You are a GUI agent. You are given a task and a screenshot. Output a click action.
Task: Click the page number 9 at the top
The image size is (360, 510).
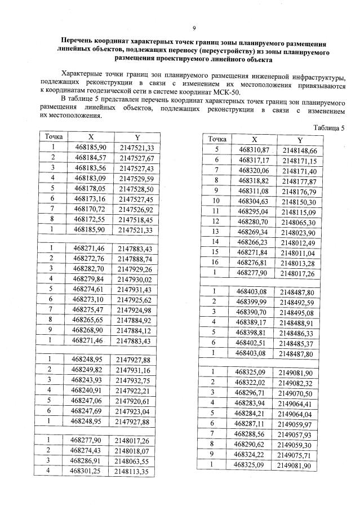[194, 28]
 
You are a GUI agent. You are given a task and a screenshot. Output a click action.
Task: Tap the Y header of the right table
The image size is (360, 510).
[300, 140]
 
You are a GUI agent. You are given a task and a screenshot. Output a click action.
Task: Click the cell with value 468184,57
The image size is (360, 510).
[90, 158]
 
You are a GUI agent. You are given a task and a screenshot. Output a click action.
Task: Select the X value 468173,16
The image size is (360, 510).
[90, 199]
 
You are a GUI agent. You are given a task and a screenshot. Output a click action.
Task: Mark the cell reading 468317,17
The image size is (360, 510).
[254, 160]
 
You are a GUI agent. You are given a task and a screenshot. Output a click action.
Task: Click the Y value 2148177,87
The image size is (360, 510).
[300, 181]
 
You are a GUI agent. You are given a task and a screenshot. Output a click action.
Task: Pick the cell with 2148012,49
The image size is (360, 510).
[300, 242]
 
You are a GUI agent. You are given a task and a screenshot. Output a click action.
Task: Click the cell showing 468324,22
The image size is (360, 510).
[254, 455]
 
